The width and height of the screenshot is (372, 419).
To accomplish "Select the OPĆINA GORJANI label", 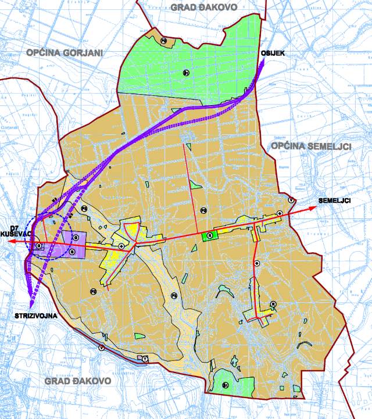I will pos(64,52).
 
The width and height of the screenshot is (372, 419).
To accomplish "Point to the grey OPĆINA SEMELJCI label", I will pos(311,146).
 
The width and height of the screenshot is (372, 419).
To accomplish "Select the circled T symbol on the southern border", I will pos(145,359).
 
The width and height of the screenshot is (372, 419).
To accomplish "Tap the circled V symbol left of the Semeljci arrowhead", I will pos(291,200).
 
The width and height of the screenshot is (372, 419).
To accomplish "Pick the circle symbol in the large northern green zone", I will pos(185,73).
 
